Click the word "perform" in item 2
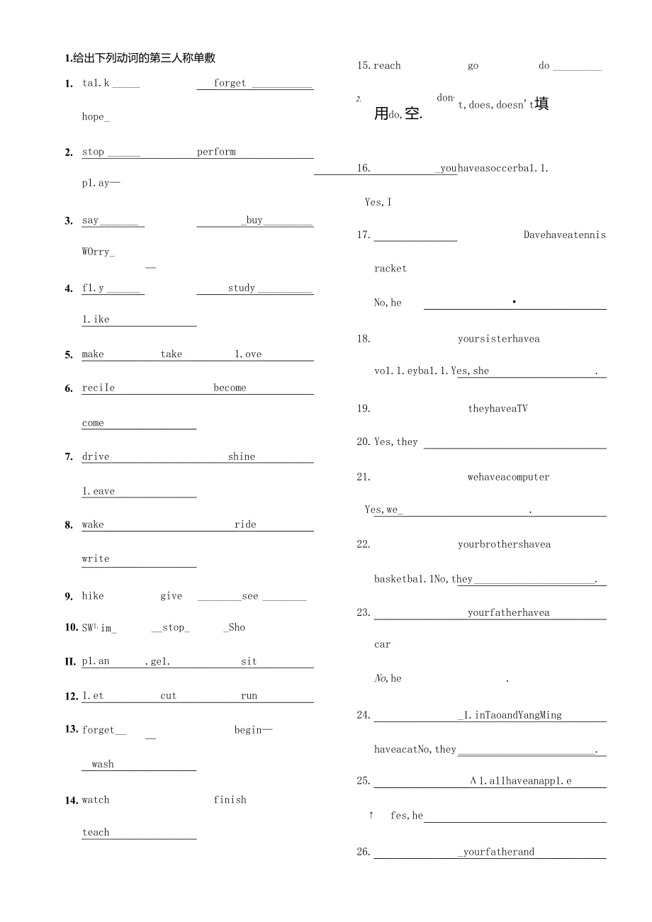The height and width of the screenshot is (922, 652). click(216, 152)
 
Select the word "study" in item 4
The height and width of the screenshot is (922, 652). click(242, 288)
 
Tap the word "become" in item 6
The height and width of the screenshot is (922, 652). click(230, 388)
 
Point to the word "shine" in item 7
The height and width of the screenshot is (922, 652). click(242, 456)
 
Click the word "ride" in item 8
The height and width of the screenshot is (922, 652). click(245, 524)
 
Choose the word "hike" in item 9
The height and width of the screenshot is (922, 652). click(93, 596)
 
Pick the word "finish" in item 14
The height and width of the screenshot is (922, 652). click(230, 799)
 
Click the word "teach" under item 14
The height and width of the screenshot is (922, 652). click(96, 833)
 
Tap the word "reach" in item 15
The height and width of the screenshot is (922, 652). click(387, 66)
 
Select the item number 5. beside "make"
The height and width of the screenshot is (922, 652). click(69, 354)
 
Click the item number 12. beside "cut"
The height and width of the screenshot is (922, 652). click(71, 696)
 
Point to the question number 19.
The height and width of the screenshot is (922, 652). click(364, 408)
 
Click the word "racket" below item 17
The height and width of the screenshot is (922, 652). click(390, 269)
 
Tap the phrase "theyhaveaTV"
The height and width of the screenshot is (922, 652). click(498, 408)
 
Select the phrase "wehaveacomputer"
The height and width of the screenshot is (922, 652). click(508, 477)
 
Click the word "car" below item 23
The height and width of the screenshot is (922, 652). click(382, 644)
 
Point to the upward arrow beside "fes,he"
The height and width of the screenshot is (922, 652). click(371, 815)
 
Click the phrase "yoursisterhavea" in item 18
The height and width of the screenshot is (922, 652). click(498, 339)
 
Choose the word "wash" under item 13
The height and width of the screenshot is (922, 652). click(103, 764)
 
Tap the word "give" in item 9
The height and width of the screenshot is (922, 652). click(171, 596)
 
